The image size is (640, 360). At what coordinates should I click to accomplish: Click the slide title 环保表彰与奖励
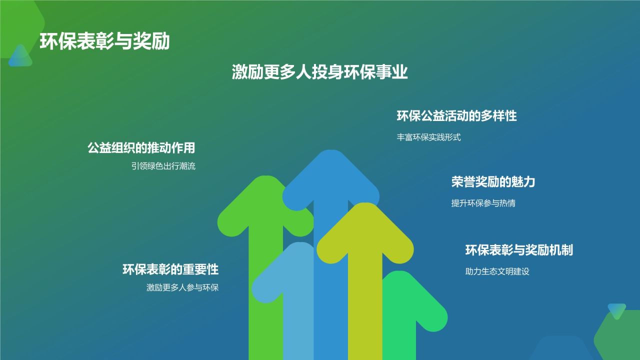[104, 41]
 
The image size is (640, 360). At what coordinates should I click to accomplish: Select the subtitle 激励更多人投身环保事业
[320, 72]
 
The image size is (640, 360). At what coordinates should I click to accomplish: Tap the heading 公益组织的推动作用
[141, 148]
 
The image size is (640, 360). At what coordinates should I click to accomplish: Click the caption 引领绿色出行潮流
[163, 166]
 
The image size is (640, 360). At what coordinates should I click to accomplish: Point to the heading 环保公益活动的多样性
[456, 116]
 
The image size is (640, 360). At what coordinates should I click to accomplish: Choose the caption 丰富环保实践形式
[428, 137]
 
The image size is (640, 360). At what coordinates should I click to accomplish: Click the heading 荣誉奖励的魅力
[493, 182]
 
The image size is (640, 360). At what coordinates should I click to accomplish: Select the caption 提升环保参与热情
[483, 203]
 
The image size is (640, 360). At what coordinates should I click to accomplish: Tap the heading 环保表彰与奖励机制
[519, 250]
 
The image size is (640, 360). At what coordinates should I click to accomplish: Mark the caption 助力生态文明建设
[497, 272]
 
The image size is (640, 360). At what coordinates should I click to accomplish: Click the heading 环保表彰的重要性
[170, 269]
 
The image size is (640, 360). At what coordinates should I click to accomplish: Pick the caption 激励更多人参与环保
[182, 288]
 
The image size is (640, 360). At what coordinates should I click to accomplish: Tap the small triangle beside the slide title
[20, 56]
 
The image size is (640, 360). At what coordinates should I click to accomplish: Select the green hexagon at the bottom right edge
[620, 337]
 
